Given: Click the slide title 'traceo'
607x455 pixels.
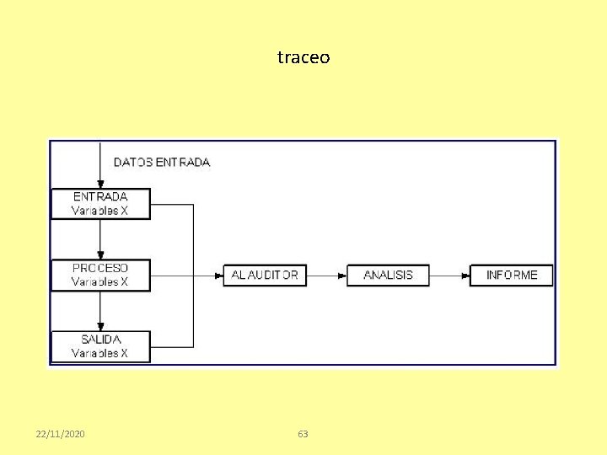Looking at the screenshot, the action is point(303,58).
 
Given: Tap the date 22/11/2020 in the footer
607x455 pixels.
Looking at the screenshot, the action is point(60,434).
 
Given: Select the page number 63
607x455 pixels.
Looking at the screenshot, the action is point(303,434).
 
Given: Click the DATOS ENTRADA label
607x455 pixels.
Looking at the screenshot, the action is point(162,162).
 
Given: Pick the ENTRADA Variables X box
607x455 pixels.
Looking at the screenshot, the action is point(100,204).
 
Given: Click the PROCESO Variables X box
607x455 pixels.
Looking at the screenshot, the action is point(100,275).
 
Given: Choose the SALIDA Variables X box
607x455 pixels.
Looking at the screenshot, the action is point(100,346).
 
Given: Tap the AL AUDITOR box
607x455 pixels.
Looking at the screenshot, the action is point(265,276).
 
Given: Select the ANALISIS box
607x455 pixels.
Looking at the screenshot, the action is point(388,276).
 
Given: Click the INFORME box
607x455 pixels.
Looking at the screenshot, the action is point(512,276).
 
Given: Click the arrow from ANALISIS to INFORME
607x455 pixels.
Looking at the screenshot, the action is point(449,276).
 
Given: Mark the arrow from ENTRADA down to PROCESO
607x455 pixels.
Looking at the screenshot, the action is point(100,239).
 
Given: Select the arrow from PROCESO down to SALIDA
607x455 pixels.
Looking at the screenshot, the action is point(100,311).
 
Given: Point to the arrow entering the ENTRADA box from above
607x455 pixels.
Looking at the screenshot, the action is point(100,169).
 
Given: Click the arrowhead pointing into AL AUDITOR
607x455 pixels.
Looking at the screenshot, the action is point(218,276).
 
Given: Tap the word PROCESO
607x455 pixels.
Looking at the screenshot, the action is point(100,268).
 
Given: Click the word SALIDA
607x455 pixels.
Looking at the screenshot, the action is point(100,340).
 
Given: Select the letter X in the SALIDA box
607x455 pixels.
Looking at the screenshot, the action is point(124,354).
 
